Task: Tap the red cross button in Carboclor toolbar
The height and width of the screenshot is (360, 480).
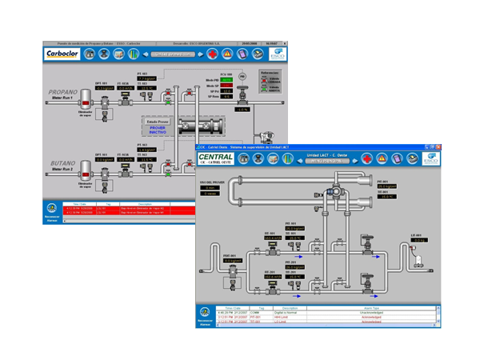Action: [x=213, y=54]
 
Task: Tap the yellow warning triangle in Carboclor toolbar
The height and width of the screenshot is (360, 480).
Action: [x=227, y=54]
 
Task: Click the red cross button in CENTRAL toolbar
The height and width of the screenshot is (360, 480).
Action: [x=367, y=159]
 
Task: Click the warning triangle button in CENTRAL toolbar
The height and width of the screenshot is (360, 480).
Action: [x=382, y=159]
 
